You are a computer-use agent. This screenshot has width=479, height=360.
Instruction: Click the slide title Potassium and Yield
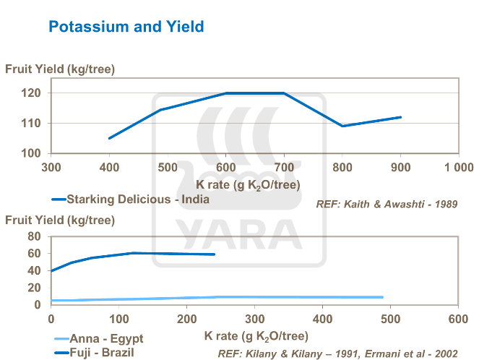[126, 27]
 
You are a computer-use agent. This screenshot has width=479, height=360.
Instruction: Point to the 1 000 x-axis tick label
[458, 168]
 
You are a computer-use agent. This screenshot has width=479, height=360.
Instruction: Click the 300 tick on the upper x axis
[51, 168]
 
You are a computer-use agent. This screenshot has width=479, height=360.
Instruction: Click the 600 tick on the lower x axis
[458, 319]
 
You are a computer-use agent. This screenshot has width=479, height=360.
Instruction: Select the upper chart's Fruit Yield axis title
[60, 69]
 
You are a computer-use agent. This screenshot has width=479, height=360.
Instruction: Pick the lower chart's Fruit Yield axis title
[60, 220]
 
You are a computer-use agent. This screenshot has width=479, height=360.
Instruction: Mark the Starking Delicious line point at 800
[342, 126]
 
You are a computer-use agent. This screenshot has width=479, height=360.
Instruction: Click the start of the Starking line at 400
[109, 138]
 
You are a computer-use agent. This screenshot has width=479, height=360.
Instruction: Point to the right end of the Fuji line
[215, 254]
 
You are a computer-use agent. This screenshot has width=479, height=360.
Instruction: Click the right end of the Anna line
[382, 297]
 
